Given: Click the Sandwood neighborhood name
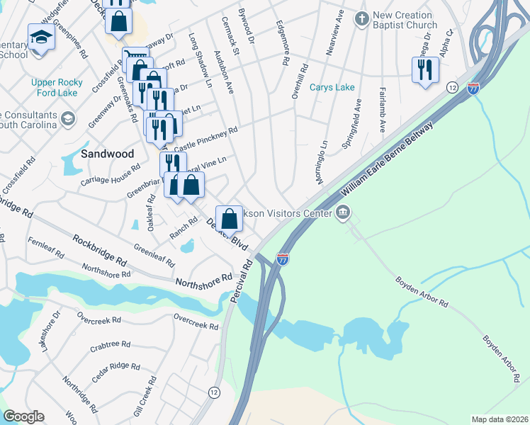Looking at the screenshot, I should [x=107, y=152].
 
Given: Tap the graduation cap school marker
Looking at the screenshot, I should [x=41, y=36].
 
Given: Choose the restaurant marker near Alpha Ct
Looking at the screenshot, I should [x=425, y=69].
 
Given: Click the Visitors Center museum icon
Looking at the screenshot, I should [x=343, y=212].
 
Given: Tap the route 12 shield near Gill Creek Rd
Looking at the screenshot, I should [x=213, y=392].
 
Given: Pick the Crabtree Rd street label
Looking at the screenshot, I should [x=111, y=345].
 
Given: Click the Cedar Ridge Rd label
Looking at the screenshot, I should [x=117, y=366].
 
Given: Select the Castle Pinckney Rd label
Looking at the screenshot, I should [x=205, y=138].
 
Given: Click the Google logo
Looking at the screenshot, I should [x=23, y=416].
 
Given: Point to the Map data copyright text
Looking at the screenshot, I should [x=499, y=419].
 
